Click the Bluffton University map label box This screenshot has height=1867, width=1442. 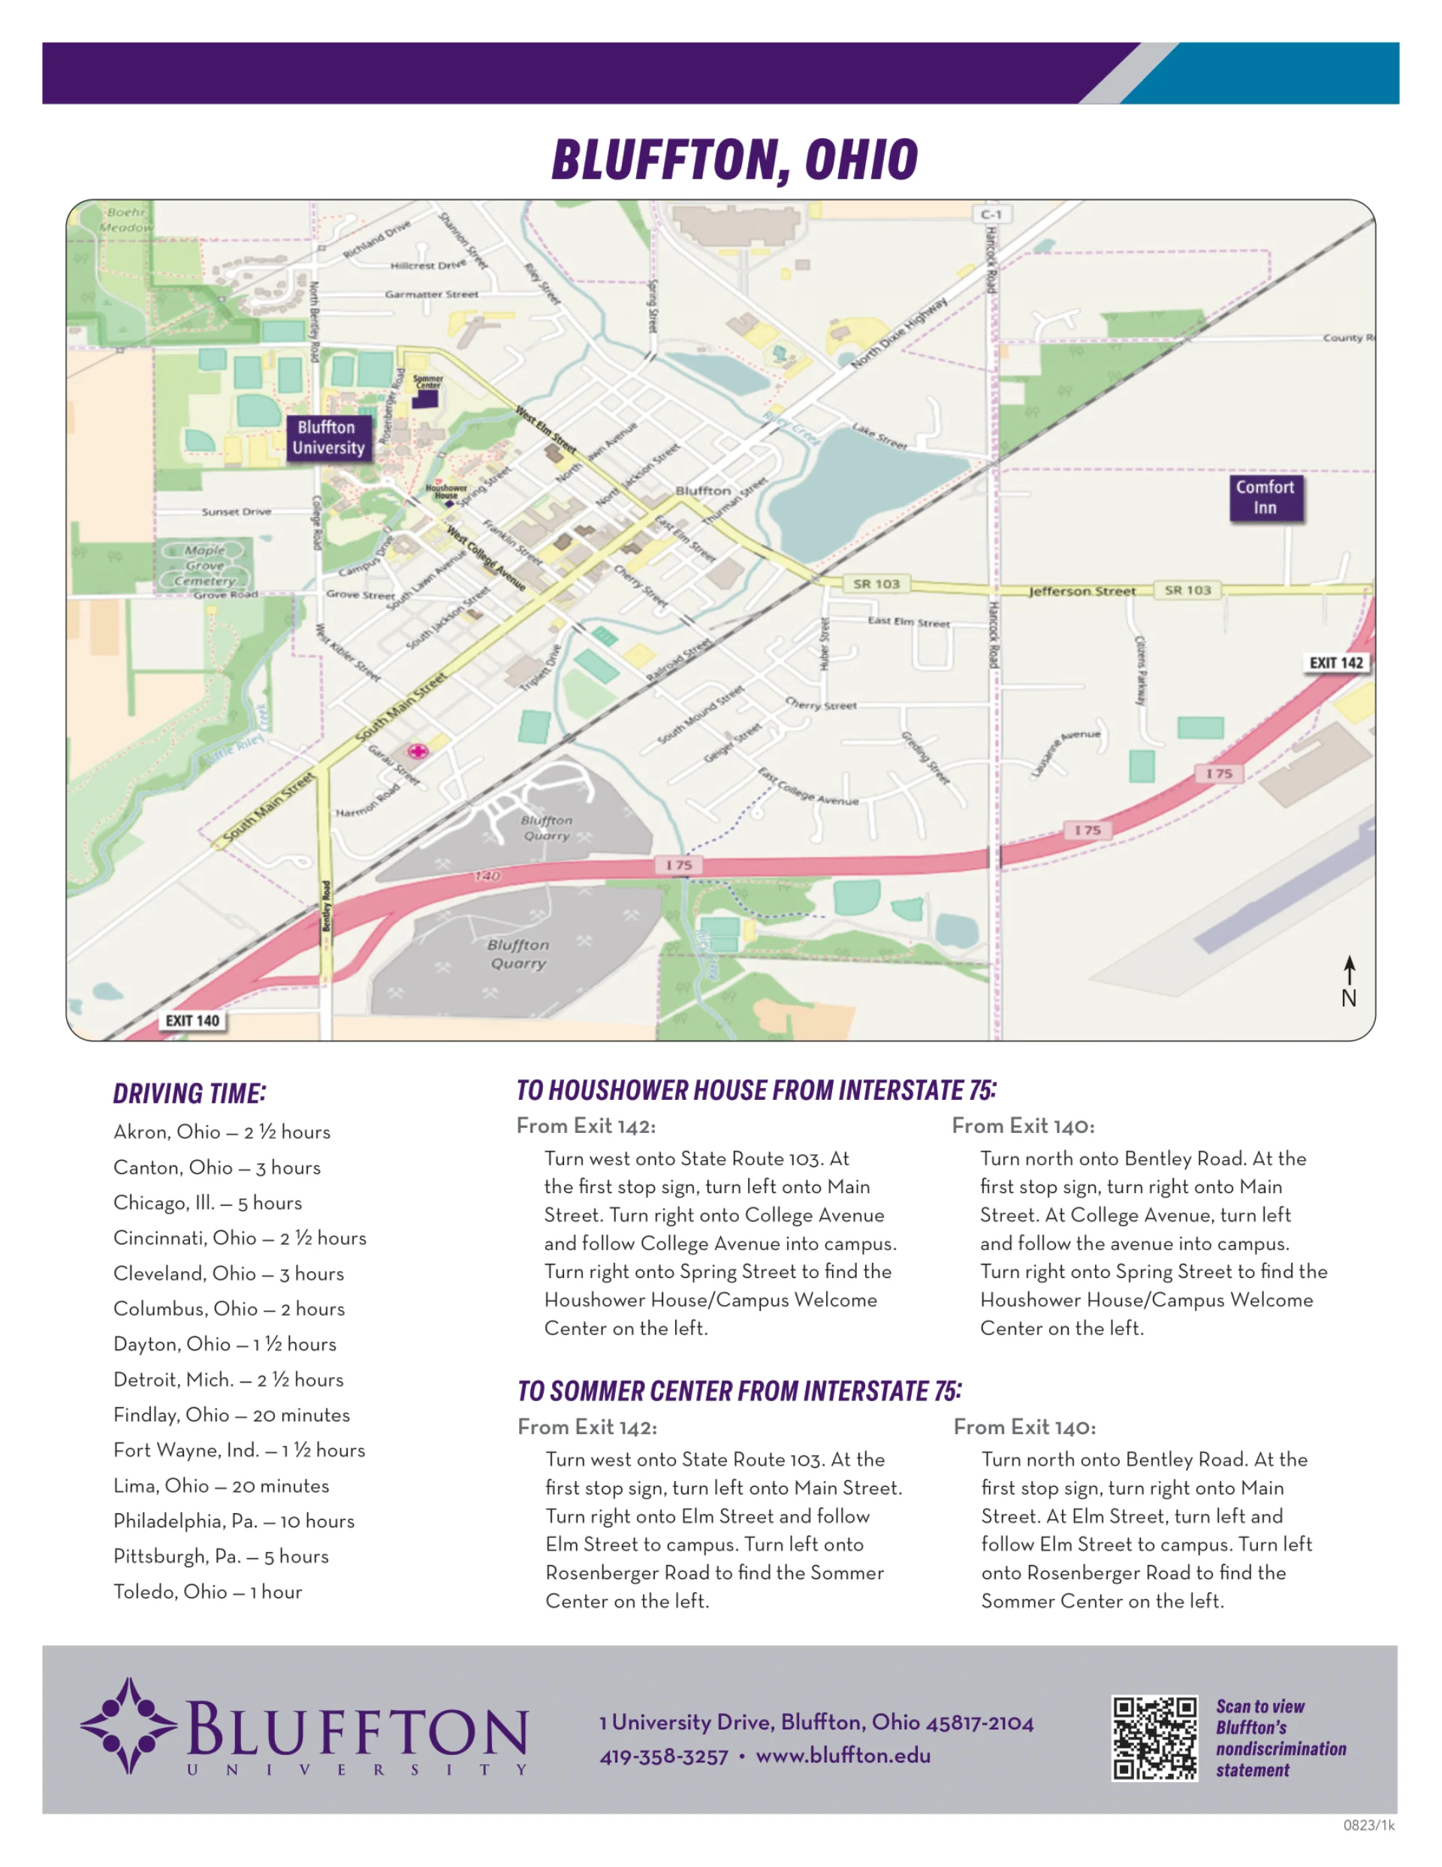[329, 438]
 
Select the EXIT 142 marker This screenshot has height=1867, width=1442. [1335, 663]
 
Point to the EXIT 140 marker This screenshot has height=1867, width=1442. [192, 1021]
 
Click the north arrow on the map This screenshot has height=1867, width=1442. [1349, 981]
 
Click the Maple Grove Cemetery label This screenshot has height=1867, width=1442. [205, 566]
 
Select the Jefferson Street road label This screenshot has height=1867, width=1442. [1082, 591]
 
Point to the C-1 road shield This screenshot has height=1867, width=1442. [991, 215]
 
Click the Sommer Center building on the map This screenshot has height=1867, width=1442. [425, 399]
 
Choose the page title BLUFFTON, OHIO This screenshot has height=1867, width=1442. [735, 161]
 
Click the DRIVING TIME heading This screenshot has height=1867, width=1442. [190, 1093]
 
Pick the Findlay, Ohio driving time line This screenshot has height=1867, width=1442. [231, 1415]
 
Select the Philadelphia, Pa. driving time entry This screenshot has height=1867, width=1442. [234, 1521]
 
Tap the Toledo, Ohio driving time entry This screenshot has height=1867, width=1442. [208, 1592]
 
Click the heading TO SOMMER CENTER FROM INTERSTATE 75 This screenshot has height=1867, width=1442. [739, 1391]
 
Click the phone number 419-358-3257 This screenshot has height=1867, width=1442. [663, 1757]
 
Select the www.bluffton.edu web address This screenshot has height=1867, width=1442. [843, 1756]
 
